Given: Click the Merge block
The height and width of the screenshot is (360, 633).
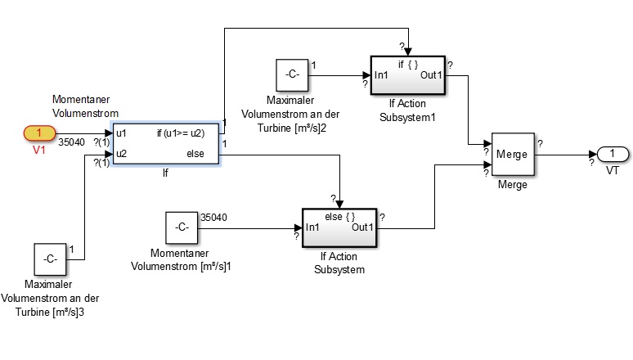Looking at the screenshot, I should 512,154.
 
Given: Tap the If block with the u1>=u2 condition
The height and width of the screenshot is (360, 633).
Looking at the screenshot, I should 166,142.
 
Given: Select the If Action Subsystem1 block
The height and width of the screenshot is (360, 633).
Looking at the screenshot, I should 406,75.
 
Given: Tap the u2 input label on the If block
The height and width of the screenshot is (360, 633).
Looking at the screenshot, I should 121,153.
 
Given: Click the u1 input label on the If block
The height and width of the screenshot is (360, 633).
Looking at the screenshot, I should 121,133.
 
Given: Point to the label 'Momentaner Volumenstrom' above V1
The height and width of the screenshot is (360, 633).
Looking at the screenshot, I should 85,106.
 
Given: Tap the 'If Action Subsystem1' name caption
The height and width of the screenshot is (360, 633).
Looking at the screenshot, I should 406,110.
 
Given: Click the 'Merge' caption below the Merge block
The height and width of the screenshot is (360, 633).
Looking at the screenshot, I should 511,185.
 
